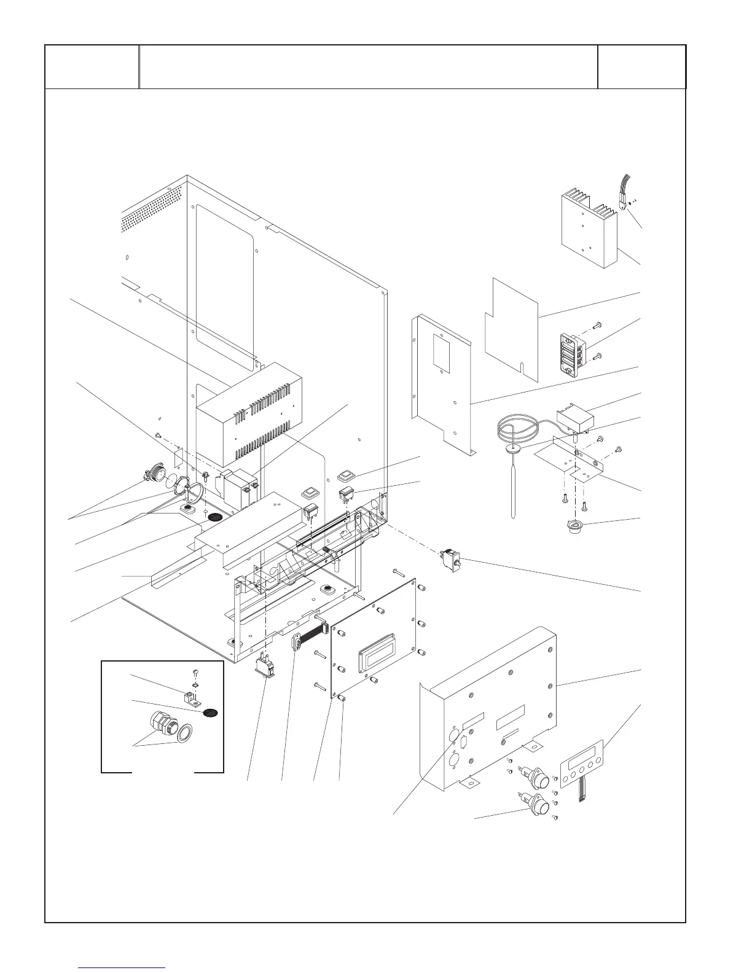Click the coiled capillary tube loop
coord(516,430)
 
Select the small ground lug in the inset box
coord(190,698)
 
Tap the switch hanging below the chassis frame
coord(265,666)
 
